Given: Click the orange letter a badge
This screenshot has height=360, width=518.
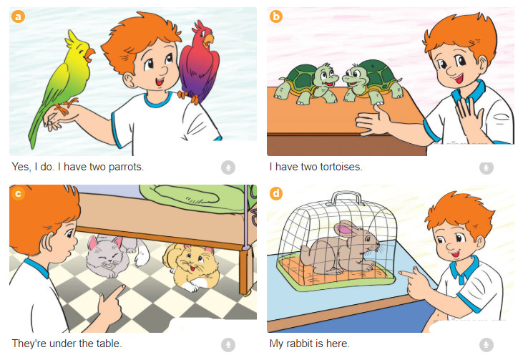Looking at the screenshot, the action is point(18,16).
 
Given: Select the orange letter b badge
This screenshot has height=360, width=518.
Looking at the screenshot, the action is point(276,16).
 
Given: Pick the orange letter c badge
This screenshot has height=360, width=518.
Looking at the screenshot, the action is point(18,193).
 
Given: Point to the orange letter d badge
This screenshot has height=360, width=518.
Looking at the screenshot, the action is point(276,193).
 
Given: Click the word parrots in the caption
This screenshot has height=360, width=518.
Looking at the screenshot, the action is point(126,167).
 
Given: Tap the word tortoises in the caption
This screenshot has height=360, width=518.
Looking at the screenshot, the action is point(341,167).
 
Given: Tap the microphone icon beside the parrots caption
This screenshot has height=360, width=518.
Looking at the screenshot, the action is point(228,167).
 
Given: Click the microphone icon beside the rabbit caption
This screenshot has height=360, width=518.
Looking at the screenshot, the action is point(487,344).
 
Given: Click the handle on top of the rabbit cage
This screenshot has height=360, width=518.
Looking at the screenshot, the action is point(346,198).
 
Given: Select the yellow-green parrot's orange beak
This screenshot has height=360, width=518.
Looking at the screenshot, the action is point(90,54).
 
